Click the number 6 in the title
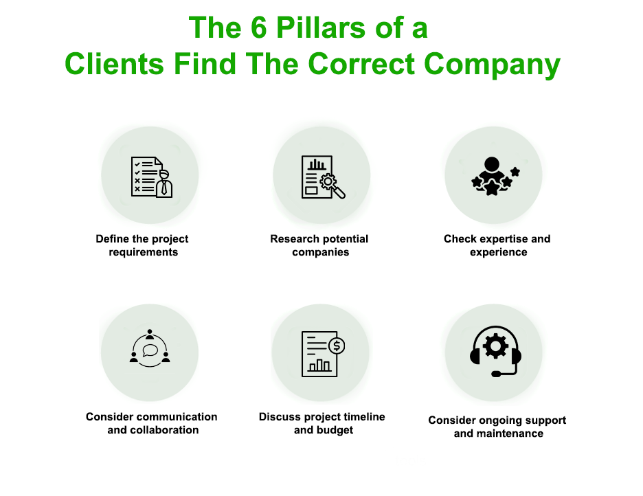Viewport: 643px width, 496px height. [261, 28]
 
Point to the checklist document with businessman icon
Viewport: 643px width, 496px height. [151, 177]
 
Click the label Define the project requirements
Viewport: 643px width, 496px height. [142, 245]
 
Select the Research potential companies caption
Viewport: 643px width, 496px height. [319, 245]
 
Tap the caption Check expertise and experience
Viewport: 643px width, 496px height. [497, 245]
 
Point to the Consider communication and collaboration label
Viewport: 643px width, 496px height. [152, 423]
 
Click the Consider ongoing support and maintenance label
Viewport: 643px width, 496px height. [497, 427]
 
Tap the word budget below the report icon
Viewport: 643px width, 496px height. [335, 430]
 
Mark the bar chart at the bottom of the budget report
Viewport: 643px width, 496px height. [319, 365]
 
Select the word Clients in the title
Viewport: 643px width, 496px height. [115, 65]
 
